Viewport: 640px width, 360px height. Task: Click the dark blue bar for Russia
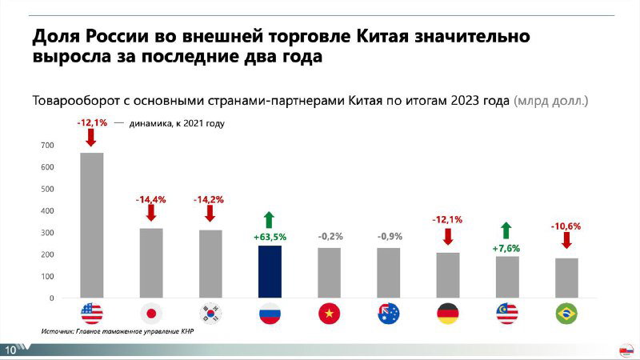pos(270,271)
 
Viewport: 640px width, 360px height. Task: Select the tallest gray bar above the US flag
pos(92,225)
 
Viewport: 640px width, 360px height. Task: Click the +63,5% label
pos(270,237)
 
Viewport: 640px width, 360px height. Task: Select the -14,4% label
pos(150,199)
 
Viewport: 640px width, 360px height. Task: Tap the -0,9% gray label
pos(389,237)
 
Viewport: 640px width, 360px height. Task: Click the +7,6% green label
pos(507,248)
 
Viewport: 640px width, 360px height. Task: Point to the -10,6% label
pos(566,226)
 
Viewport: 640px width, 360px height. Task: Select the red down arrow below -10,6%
pos(566,241)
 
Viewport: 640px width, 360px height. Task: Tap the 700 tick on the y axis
pos(47,146)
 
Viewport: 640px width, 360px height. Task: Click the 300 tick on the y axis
pos(47,233)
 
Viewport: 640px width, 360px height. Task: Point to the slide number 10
pos(11,350)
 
